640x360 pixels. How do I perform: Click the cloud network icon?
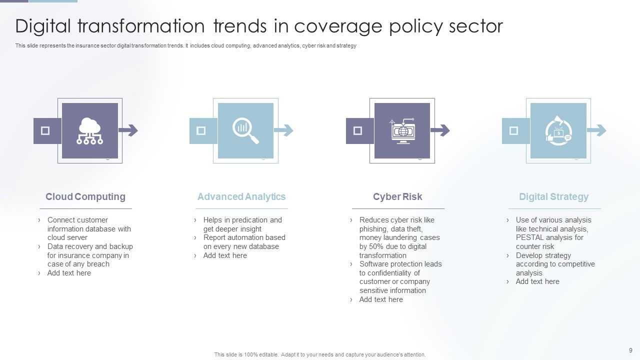coord(90,131)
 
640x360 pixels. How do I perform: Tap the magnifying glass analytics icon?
coord(245,131)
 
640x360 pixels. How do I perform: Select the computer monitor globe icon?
coord(402,131)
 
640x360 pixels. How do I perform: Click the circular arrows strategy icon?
coord(558,131)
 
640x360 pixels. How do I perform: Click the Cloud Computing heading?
coord(85,196)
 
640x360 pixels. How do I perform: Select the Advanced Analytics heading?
coord(241,196)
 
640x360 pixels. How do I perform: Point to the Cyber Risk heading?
coord(397,196)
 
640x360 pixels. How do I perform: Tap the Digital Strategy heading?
coord(553,196)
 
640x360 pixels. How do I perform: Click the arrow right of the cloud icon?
coord(128,131)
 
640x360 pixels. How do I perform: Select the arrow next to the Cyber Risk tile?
coord(440,131)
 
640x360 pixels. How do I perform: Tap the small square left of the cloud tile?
coord(45,131)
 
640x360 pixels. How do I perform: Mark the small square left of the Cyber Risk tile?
coord(357,131)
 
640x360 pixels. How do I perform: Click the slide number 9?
coord(630,350)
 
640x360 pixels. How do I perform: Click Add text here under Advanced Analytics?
coord(225,255)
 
